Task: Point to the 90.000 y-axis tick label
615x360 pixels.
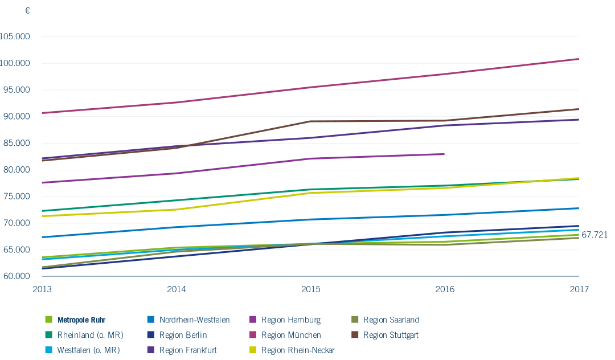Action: click(17, 116)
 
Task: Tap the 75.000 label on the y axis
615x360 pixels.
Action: click(17, 197)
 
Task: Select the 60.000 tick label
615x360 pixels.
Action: click(17, 276)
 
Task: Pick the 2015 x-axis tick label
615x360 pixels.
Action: click(310, 289)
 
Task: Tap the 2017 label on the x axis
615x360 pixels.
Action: click(579, 289)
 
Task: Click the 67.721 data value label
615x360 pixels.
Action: click(594, 234)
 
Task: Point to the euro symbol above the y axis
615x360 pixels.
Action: click(27, 11)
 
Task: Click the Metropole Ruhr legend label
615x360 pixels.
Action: click(81, 320)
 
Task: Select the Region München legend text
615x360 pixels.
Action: click(291, 335)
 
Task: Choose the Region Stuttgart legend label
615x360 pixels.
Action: click(391, 335)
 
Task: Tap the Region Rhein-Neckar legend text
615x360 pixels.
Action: click(298, 350)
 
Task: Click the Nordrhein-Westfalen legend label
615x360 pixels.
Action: click(195, 320)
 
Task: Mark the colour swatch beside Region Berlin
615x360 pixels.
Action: click(151, 335)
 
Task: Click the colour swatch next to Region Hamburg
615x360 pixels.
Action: click(253, 320)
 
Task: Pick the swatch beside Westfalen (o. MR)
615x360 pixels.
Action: click(49, 350)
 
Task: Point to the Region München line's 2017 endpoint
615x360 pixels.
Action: click(579, 59)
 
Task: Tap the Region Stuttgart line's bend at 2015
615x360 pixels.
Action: click(310, 121)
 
